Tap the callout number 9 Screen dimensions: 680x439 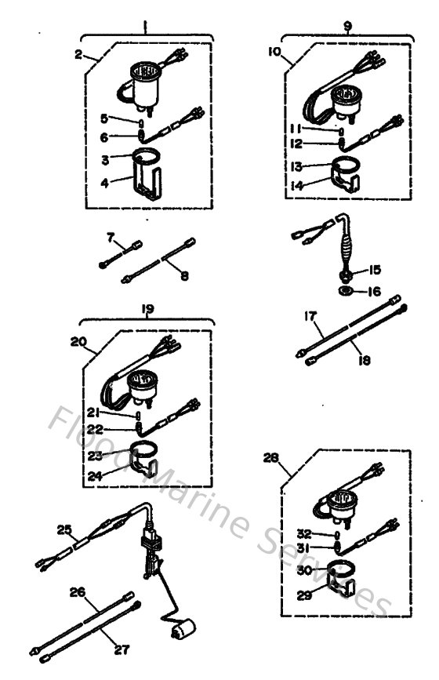click(347, 26)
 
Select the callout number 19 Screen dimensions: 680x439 click(147, 310)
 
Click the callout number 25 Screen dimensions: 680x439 click(63, 530)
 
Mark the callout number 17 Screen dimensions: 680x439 click(310, 318)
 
